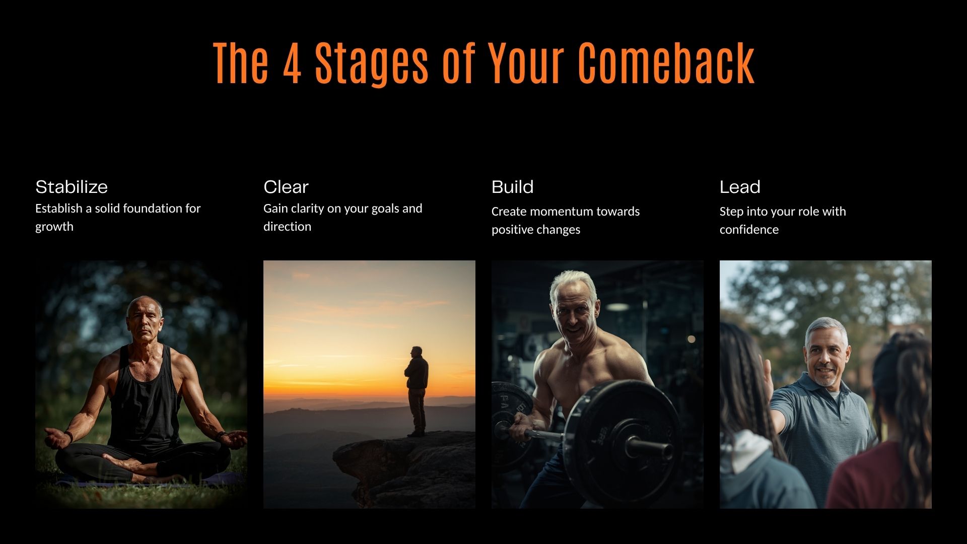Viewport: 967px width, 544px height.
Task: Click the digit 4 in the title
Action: click(292, 63)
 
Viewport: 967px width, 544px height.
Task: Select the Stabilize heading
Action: click(72, 187)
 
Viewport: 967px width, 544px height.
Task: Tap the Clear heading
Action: click(286, 187)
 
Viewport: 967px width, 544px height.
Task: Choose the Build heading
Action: click(512, 187)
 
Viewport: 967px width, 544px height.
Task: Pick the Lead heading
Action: click(740, 187)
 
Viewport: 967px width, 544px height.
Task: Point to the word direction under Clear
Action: click(287, 227)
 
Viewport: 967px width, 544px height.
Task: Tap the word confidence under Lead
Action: click(749, 230)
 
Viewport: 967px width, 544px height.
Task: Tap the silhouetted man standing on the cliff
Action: click(417, 391)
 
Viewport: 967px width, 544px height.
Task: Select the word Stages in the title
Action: click(372, 63)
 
